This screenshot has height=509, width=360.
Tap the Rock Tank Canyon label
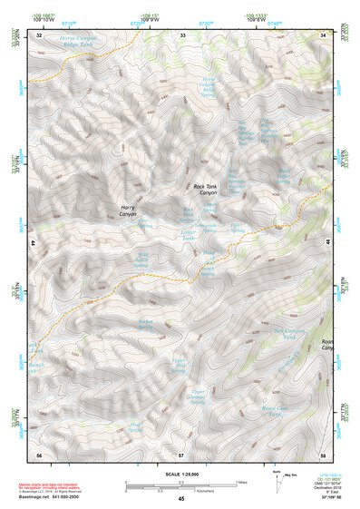pyautogui.click(x=206, y=191)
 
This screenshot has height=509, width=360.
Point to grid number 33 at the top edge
pyautogui.click(x=181, y=34)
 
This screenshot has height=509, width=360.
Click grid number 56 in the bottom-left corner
pyautogui.click(x=39, y=453)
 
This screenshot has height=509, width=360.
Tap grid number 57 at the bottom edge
pyautogui.click(x=181, y=453)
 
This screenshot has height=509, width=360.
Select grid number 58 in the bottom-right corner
pyautogui.click(x=323, y=453)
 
